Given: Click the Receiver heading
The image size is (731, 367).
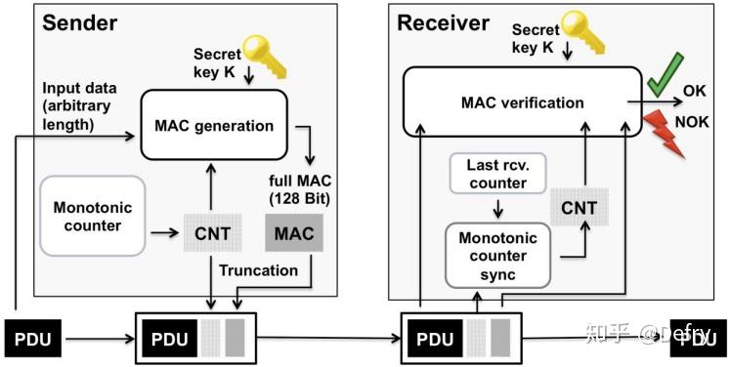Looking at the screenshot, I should click(443, 22).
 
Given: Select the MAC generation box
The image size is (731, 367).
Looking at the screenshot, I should click(214, 124).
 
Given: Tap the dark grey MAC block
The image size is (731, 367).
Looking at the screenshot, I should click(293, 234).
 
